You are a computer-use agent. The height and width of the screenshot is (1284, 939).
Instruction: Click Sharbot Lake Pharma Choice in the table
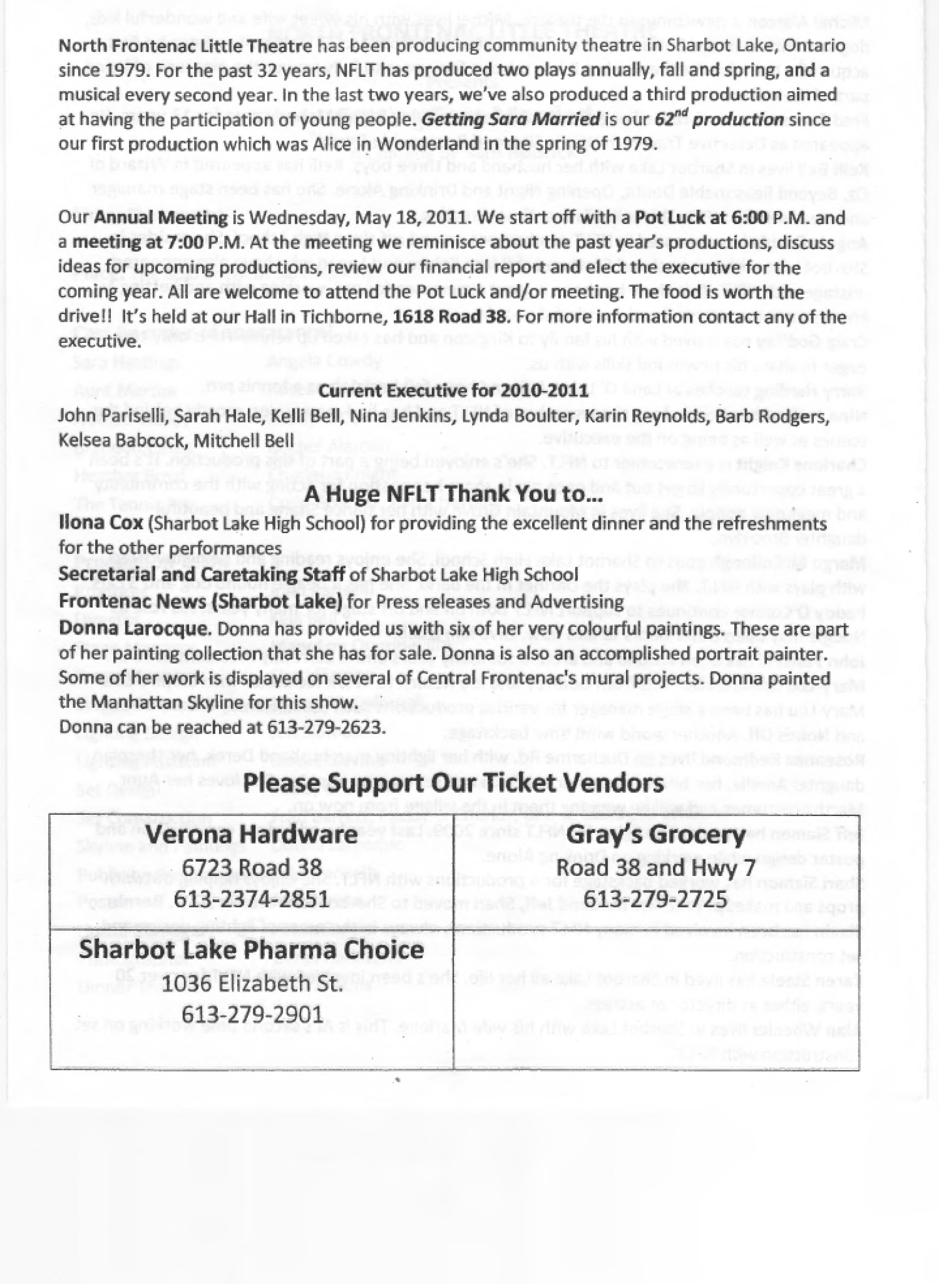[252, 949]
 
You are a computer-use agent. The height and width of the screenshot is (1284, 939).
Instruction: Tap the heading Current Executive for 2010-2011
[453, 392]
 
